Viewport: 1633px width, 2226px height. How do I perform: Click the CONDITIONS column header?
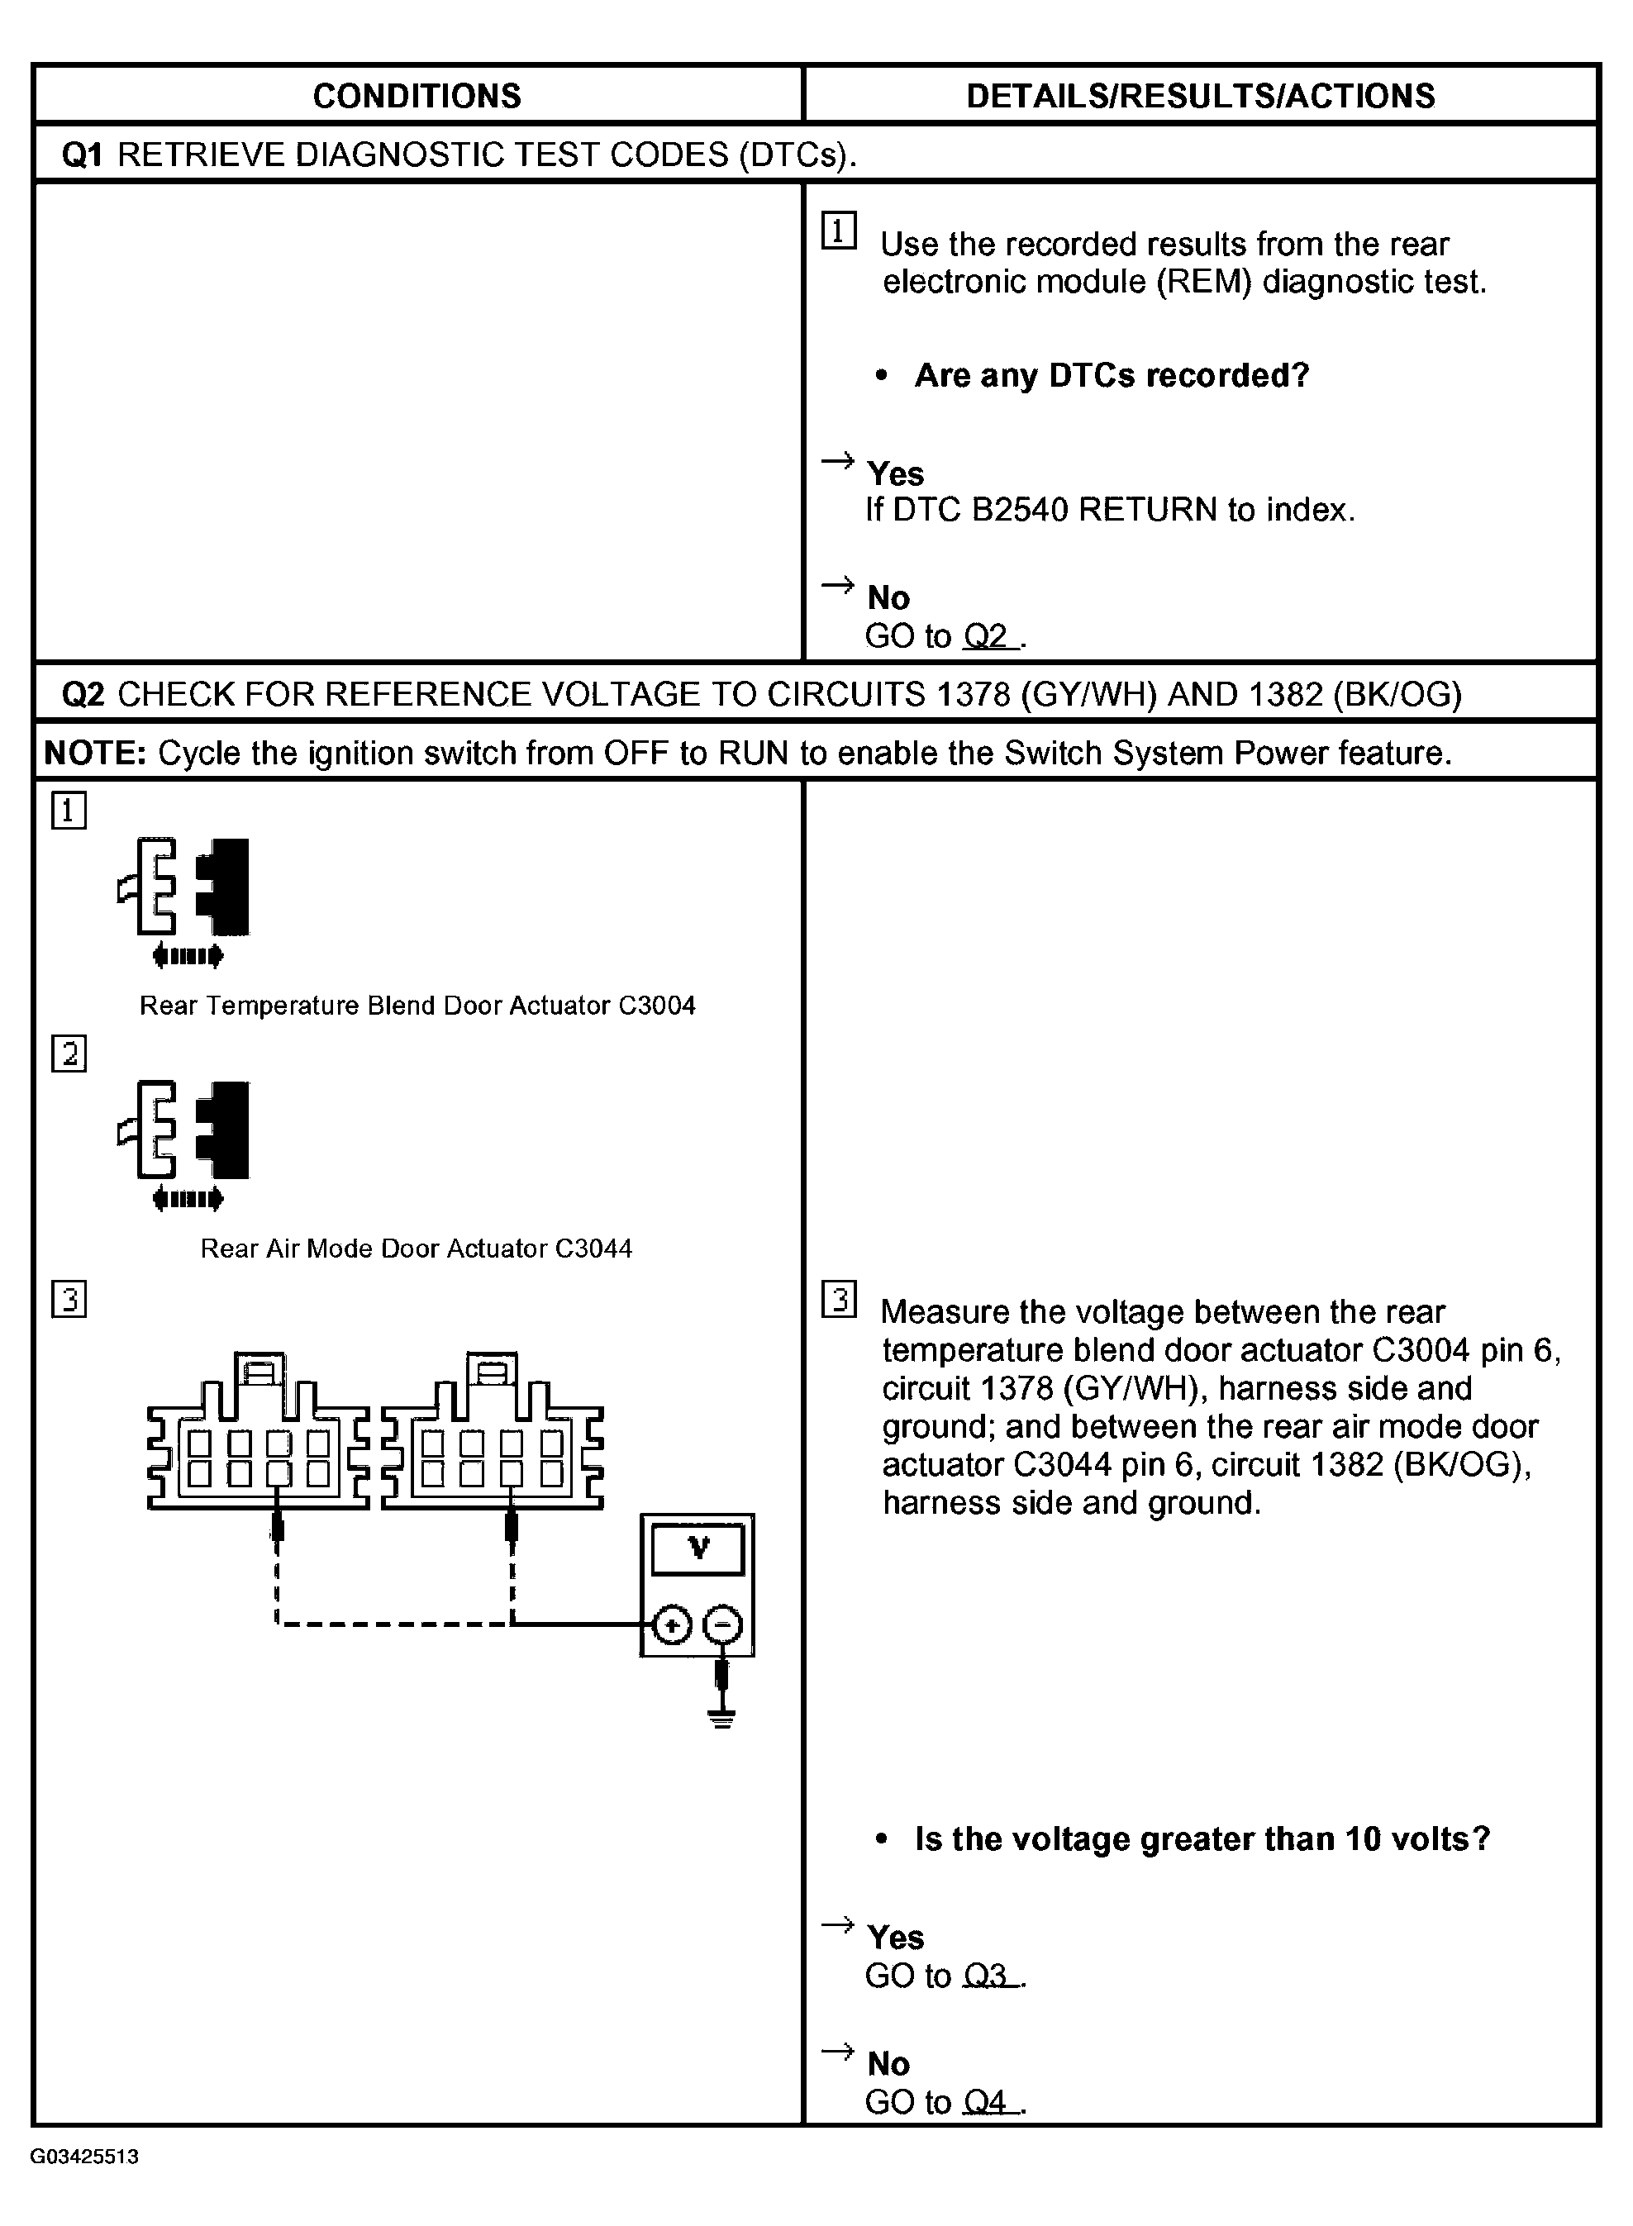tap(417, 96)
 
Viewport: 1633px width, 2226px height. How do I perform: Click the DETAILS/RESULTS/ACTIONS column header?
tap(1200, 96)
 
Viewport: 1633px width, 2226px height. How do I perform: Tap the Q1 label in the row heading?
tap(82, 155)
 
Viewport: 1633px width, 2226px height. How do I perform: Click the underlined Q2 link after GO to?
tap(988, 636)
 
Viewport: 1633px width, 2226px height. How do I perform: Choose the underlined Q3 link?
tap(988, 1976)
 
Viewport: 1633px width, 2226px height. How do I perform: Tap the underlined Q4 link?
tap(988, 2102)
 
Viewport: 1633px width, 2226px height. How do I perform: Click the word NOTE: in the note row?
tap(95, 754)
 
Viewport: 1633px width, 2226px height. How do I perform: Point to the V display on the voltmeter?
tap(697, 1549)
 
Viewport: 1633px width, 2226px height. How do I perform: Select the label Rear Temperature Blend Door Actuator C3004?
tap(417, 1006)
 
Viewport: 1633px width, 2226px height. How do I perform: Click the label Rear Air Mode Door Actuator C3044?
tap(417, 1249)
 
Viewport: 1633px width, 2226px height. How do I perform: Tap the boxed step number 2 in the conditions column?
tap(69, 1054)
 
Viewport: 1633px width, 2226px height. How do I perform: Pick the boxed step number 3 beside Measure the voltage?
tap(840, 1300)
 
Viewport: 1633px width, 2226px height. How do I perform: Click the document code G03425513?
tap(84, 2157)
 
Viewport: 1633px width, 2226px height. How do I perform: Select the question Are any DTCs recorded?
tap(1111, 376)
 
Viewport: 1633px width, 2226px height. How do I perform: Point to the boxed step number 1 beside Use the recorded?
tap(840, 232)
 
